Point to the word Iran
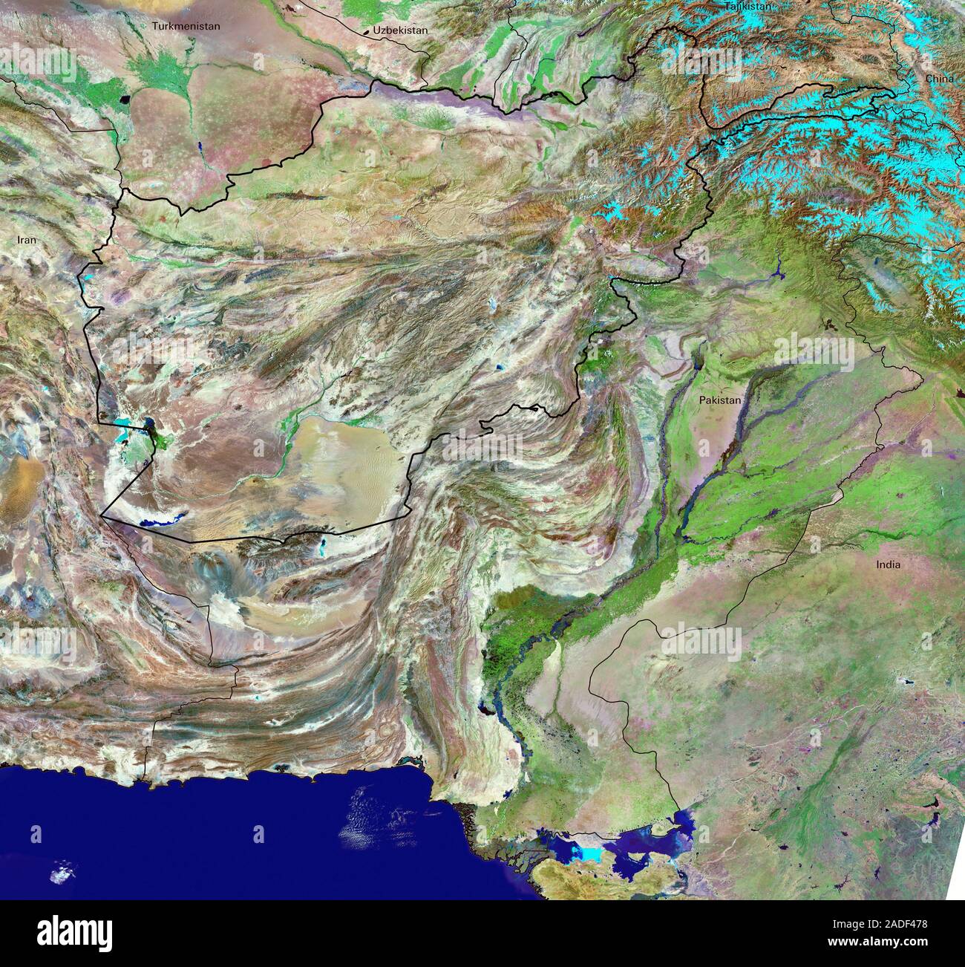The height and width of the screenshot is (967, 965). [x=27, y=240]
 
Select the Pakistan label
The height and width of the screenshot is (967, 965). [x=719, y=400]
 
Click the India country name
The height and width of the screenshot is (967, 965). [x=888, y=564]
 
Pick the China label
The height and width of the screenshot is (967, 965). [x=939, y=78]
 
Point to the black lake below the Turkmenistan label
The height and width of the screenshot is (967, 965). [x=123, y=99]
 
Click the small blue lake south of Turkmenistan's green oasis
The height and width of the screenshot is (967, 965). [x=199, y=147]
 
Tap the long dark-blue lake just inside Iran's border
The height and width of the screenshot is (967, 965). [x=158, y=521]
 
